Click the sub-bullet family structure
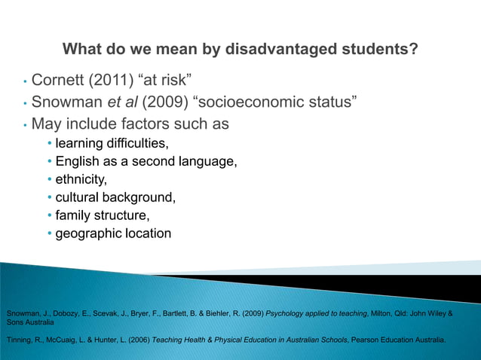click(x=103, y=215)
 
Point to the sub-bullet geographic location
click(x=113, y=233)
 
